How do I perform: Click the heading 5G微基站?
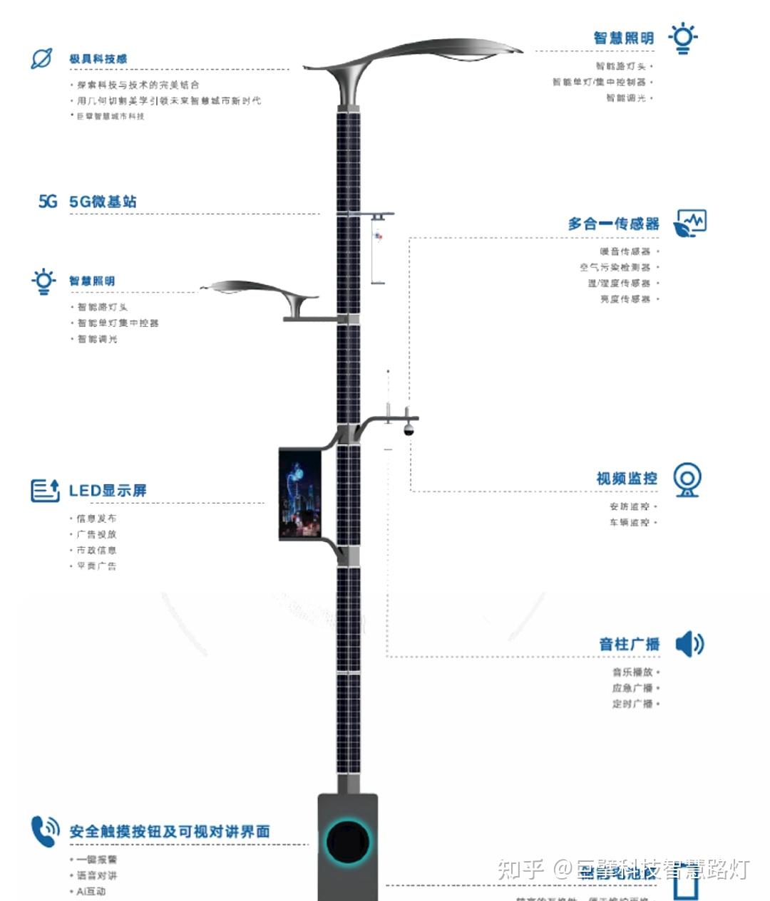click(x=103, y=202)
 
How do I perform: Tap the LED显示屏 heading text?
click(x=108, y=490)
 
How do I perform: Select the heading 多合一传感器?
click(x=613, y=224)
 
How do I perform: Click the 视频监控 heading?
click(x=627, y=478)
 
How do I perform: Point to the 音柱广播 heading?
click(x=629, y=644)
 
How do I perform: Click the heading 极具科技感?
click(x=98, y=58)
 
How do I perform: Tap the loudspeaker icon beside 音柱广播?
click(x=689, y=644)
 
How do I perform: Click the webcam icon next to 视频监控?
click(x=687, y=479)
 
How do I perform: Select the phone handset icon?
click(x=45, y=831)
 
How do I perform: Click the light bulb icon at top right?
click(x=682, y=38)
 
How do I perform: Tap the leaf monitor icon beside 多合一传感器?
click(x=689, y=224)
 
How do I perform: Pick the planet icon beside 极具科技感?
click(x=41, y=58)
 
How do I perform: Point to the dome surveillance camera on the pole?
click(x=409, y=429)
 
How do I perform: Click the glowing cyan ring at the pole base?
click(x=348, y=841)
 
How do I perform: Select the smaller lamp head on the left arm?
click(x=257, y=290)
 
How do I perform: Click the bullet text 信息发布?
click(x=96, y=518)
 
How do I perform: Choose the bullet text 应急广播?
click(x=632, y=687)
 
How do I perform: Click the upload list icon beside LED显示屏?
click(x=45, y=490)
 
